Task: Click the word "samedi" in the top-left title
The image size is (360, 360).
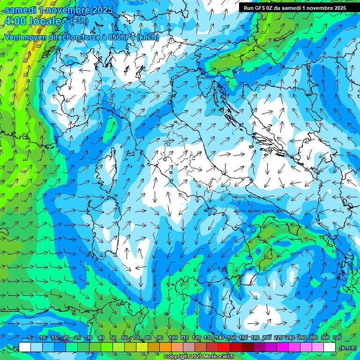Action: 21,9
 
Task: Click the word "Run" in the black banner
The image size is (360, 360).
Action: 249,7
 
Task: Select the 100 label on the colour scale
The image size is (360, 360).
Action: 173,337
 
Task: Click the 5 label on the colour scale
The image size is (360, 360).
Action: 30,337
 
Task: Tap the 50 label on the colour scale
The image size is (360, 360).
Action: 113,337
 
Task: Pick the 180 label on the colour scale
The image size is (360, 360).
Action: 255,337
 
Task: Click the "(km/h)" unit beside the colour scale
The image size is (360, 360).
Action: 347,348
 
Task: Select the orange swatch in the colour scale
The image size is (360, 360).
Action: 165,347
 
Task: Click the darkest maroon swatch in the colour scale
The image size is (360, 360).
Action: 247,347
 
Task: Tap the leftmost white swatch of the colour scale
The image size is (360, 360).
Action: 25,347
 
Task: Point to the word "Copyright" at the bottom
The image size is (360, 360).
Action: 177,357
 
